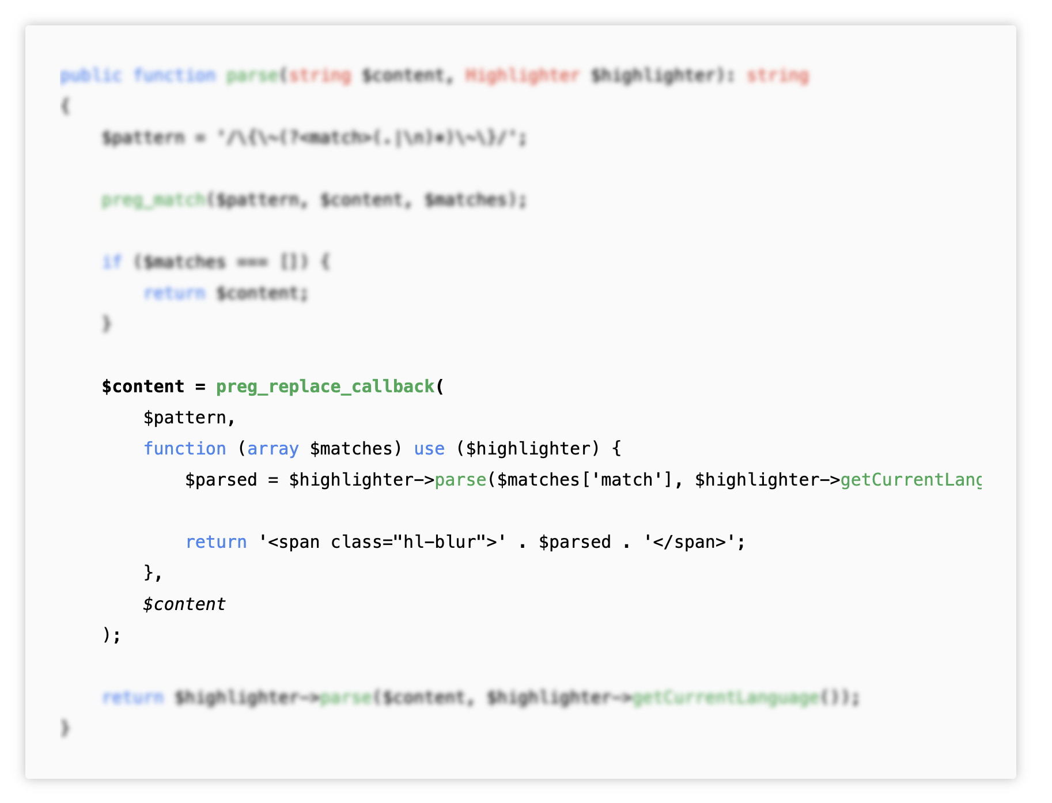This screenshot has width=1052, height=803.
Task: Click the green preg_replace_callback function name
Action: click(x=325, y=387)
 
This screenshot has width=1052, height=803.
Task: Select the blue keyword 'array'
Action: click(x=273, y=449)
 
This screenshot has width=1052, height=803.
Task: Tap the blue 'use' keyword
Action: click(x=429, y=449)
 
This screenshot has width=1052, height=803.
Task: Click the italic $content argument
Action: click(x=184, y=604)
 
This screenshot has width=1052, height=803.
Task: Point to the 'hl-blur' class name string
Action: click(x=440, y=542)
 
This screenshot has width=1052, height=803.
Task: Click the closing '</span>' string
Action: click(x=689, y=542)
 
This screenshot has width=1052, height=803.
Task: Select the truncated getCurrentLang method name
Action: click(x=910, y=480)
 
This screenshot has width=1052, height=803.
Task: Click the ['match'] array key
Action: click(x=626, y=480)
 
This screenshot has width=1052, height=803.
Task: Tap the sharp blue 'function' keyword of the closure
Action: click(x=184, y=449)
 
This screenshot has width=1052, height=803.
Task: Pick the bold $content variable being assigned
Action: click(x=143, y=387)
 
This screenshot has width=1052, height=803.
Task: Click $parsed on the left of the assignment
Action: click(x=221, y=480)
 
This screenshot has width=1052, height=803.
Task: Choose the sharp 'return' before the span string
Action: click(x=216, y=542)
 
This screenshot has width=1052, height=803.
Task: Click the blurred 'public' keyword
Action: click(x=90, y=75)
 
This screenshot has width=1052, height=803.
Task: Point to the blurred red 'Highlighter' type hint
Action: click(x=522, y=75)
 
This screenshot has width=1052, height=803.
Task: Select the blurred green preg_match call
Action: click(x=153, y=200)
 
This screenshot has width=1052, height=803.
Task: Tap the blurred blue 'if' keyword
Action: click(x=112, y=262)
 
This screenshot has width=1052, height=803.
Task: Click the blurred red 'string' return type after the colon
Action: click(x=778, y=75)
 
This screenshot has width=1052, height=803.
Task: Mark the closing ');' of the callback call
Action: click(x=112, y=635)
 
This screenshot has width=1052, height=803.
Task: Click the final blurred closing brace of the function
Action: click(x=65, y=729)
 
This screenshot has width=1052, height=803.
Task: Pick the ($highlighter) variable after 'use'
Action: click(x=529, y=449)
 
